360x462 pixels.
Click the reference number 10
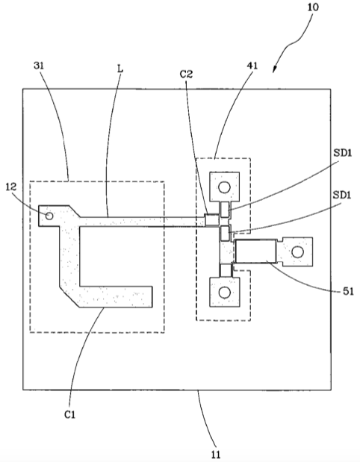(313, 7)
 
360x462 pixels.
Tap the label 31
(39, 66)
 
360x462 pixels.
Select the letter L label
(120, 69)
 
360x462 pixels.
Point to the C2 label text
(186, 74)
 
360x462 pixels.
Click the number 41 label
(252, 66)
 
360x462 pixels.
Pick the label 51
(348, 291)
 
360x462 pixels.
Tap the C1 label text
(70, 414)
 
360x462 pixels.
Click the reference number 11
(216, 455)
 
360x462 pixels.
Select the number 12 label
(11, 187)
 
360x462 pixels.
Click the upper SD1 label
(343, 152)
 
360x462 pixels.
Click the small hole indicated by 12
(49, 216)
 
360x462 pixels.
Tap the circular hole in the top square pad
(224, 187)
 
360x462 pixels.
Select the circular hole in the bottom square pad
(224, 293)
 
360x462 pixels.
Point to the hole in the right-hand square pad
(297, 252)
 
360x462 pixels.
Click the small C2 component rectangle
(212, 219)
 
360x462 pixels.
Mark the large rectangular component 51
(256, 251)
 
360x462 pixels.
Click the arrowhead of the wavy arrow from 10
(274, 69)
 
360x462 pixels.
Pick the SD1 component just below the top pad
(225, 210)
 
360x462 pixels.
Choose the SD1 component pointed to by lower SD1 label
(226, 232)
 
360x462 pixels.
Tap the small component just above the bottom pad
(226, 270)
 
